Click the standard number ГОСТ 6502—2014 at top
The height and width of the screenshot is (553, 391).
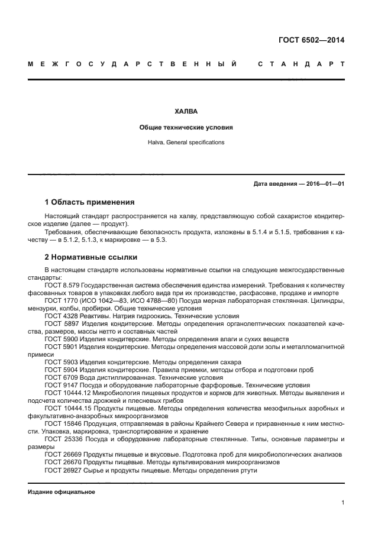tap(311, 40)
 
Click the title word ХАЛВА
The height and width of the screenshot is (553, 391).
tap(186, 111)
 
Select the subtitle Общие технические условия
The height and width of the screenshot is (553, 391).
tap(186, 127)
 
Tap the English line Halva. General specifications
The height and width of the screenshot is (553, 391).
tap(186, 143)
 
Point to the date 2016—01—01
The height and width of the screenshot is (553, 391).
tap(323, 184)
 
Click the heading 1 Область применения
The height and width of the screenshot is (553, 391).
tap(90, 202)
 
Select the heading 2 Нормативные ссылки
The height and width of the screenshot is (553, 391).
tap(91, 257)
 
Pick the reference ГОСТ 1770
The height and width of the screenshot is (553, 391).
tap(60, 300)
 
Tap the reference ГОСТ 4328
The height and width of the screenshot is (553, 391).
tap(60, 316)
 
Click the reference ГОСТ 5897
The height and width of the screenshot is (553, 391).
tap(60, 324)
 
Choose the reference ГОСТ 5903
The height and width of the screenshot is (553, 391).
tap(60, 361)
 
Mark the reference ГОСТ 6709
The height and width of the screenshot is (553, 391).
tap(60, 377)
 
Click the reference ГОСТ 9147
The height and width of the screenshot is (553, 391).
tap(60, 384)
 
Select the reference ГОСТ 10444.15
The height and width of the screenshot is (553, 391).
tap(66, 408)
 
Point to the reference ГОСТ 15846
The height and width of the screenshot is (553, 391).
tap(62, 423)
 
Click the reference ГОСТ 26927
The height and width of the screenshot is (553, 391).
tap(62, 470)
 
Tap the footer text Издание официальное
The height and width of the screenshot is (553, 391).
tap(62, 491)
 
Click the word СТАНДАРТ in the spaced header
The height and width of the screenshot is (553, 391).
tap(301, 63)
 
